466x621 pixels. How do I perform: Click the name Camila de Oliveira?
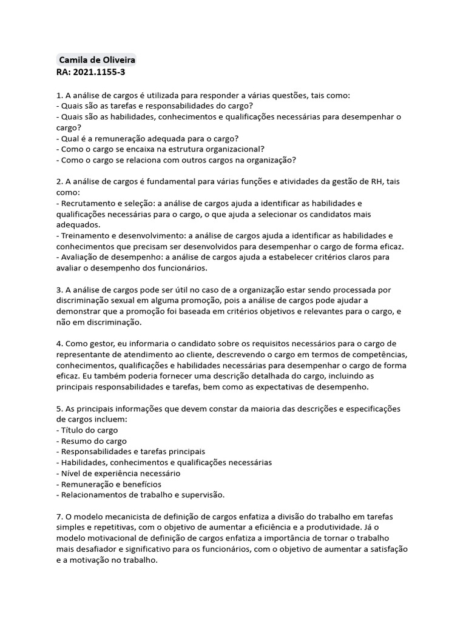(97, 61)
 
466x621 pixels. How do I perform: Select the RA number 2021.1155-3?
(100, 72)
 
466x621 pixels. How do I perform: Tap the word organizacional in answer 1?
(235, 149)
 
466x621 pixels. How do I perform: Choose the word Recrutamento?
(89, 203)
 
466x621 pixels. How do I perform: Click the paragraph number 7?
(59, 517)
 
